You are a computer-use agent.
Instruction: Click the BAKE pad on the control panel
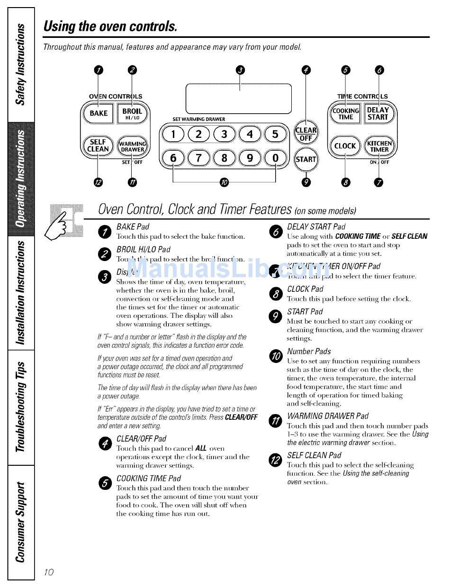coord(99,113)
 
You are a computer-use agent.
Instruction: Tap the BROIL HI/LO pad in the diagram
coord(132,114)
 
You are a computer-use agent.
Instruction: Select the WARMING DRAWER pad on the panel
coord(133,146)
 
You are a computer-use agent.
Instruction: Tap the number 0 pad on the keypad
coord(275,158)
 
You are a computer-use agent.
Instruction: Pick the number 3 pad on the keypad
coord(224,134)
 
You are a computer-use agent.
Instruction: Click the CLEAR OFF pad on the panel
coord(306,134)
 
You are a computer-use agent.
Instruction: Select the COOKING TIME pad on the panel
coord(345,114)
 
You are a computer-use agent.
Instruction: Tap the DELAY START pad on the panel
coord(378,114)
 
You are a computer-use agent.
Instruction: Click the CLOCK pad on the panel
coord(345,146)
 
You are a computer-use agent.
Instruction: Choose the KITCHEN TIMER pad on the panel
coord(379,146)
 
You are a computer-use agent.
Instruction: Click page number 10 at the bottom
coord(49,572)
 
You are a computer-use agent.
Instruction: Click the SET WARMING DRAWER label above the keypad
coord(199,119)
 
